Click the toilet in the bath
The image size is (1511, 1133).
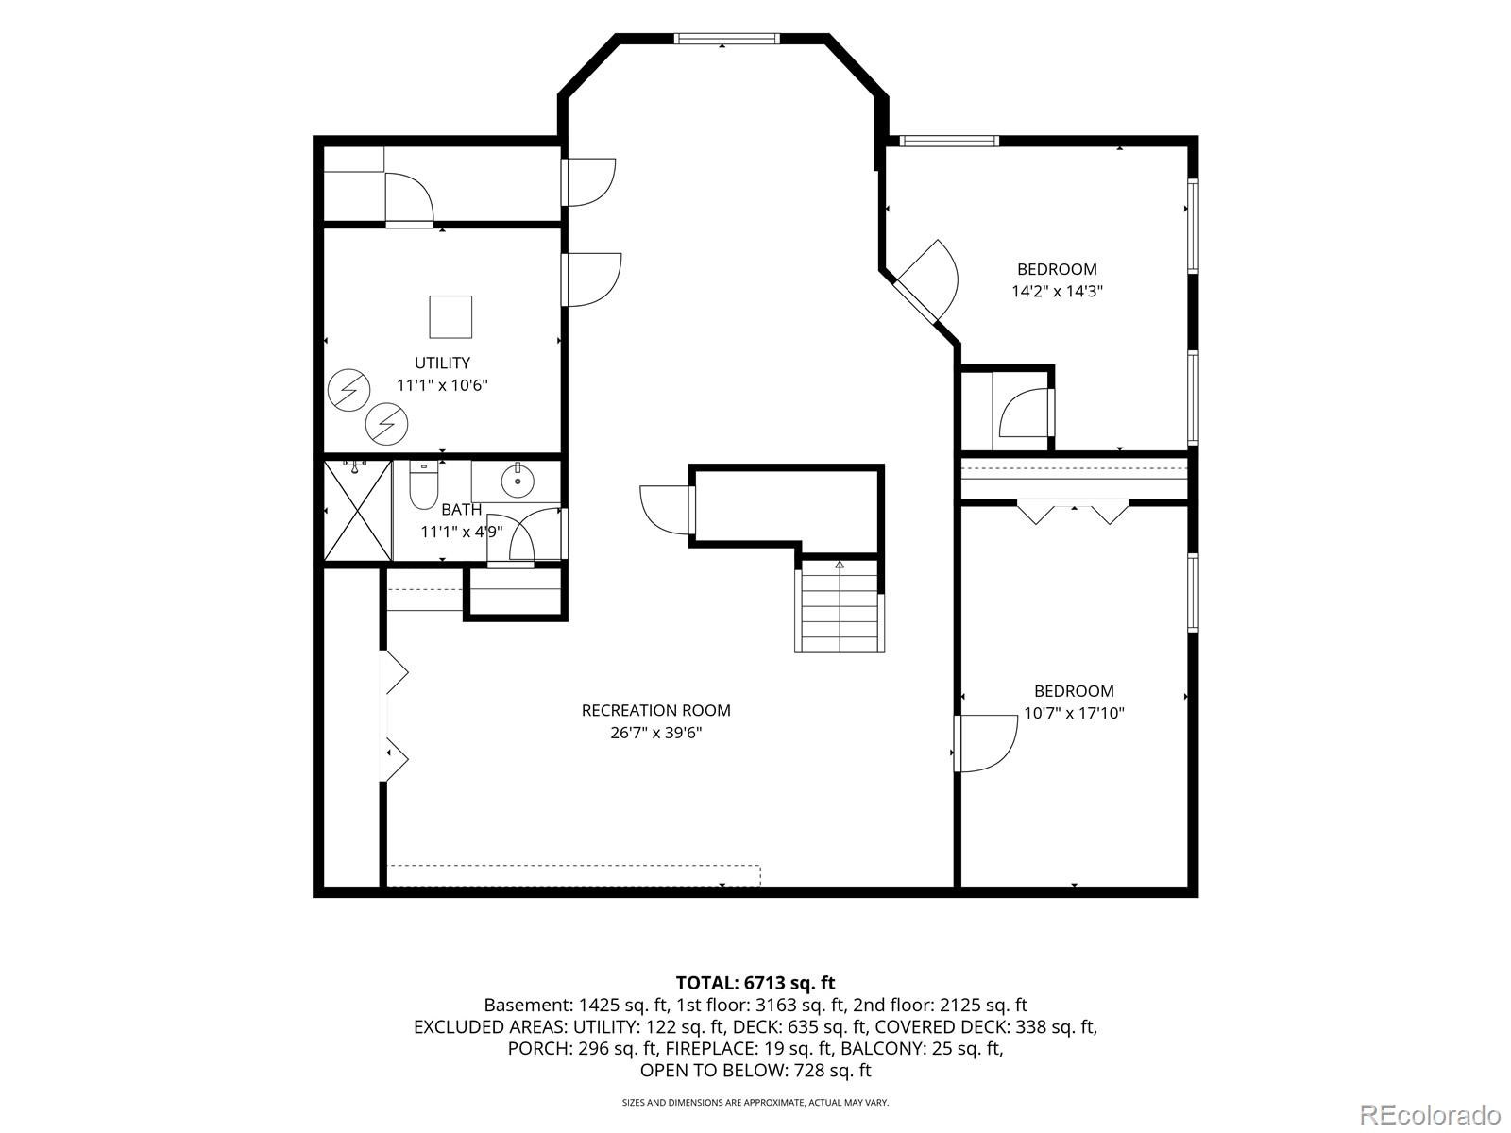click(423, 484)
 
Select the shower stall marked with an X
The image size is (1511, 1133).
click(357, 511)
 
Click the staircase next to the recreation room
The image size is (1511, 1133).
click(840, 606)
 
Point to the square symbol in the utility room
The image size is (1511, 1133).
click(450, 317)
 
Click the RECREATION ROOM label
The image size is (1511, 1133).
click(656, 711)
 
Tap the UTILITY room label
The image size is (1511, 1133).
click(442, 363)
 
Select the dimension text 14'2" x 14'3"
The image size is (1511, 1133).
click(1057, 291)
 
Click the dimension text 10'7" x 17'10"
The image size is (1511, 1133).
click(1074, 714)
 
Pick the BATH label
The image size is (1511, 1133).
click(461, 510)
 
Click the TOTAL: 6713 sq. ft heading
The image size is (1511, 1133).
click(755, 982)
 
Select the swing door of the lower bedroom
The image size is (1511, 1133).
click(985, 743)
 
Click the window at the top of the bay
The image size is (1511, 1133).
click(726, 39)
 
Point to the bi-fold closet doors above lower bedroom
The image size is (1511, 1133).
click(1073, 512)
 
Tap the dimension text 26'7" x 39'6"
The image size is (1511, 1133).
click(656, 733)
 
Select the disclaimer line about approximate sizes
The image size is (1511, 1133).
click(755, 1102)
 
